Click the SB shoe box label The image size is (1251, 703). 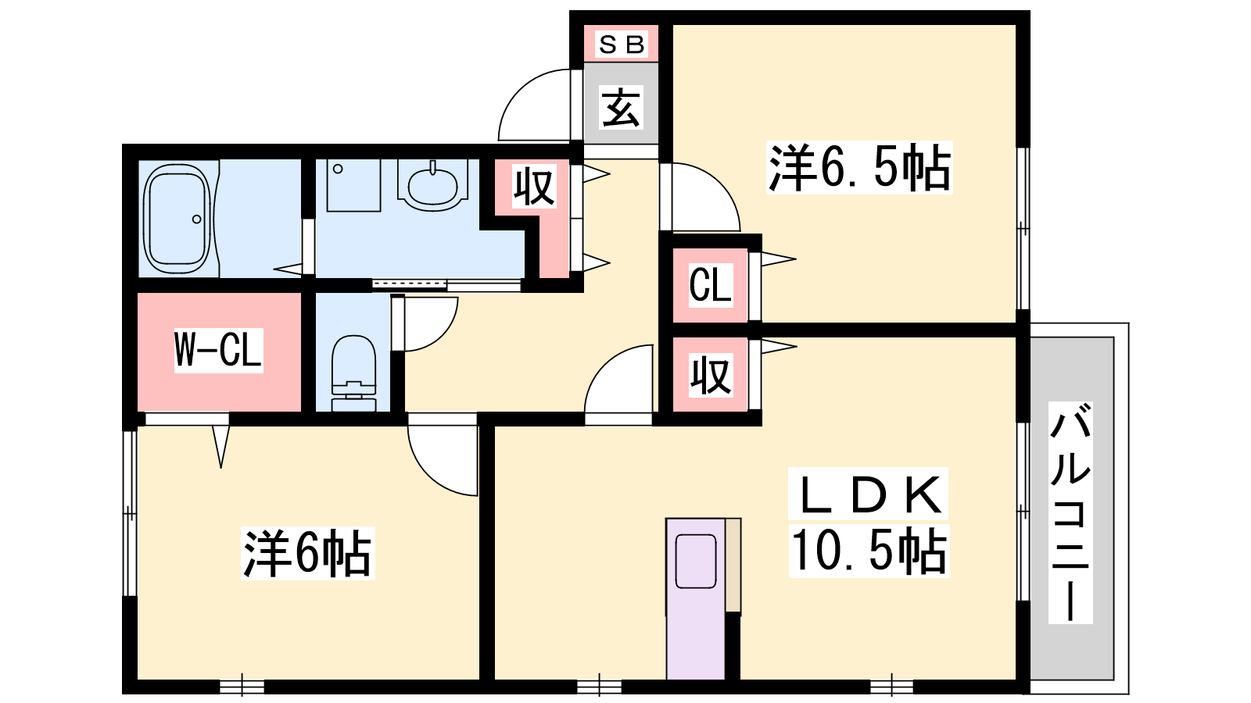[x=622, y=44]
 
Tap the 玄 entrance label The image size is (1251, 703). [x=621, y=108]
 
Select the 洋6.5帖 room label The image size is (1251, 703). [x=859, y=168]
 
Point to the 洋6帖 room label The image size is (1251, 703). [x=307, y=554]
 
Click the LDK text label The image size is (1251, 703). [x=869, y=494]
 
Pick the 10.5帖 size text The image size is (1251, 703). [x=869, y=551]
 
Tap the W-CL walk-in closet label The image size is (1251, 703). [x=218, y=351]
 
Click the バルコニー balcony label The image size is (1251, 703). [x=1070, y=512]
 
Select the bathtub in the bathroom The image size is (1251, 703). [x=177, y=219]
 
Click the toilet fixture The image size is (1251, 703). [x=353, y=373]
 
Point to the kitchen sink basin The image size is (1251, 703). [x=696, y=561]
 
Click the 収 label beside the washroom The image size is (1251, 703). [x=535, y=187]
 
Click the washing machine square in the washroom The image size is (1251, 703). [x=353, y=185]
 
